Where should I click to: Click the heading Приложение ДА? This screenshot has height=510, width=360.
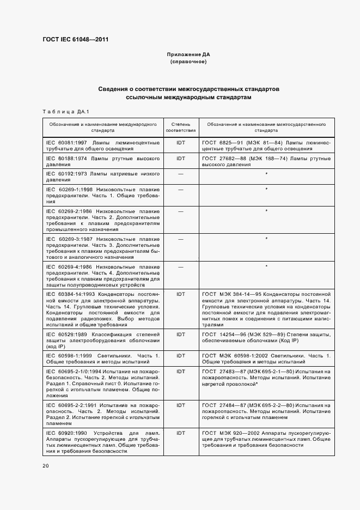point(188,55)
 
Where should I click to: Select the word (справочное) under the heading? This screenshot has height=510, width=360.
point(188,62)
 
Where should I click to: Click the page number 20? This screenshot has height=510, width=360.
point(45,465)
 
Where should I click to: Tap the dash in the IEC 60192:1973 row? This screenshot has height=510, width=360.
point(181,174)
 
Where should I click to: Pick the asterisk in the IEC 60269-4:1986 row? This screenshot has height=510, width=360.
point(266,266)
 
